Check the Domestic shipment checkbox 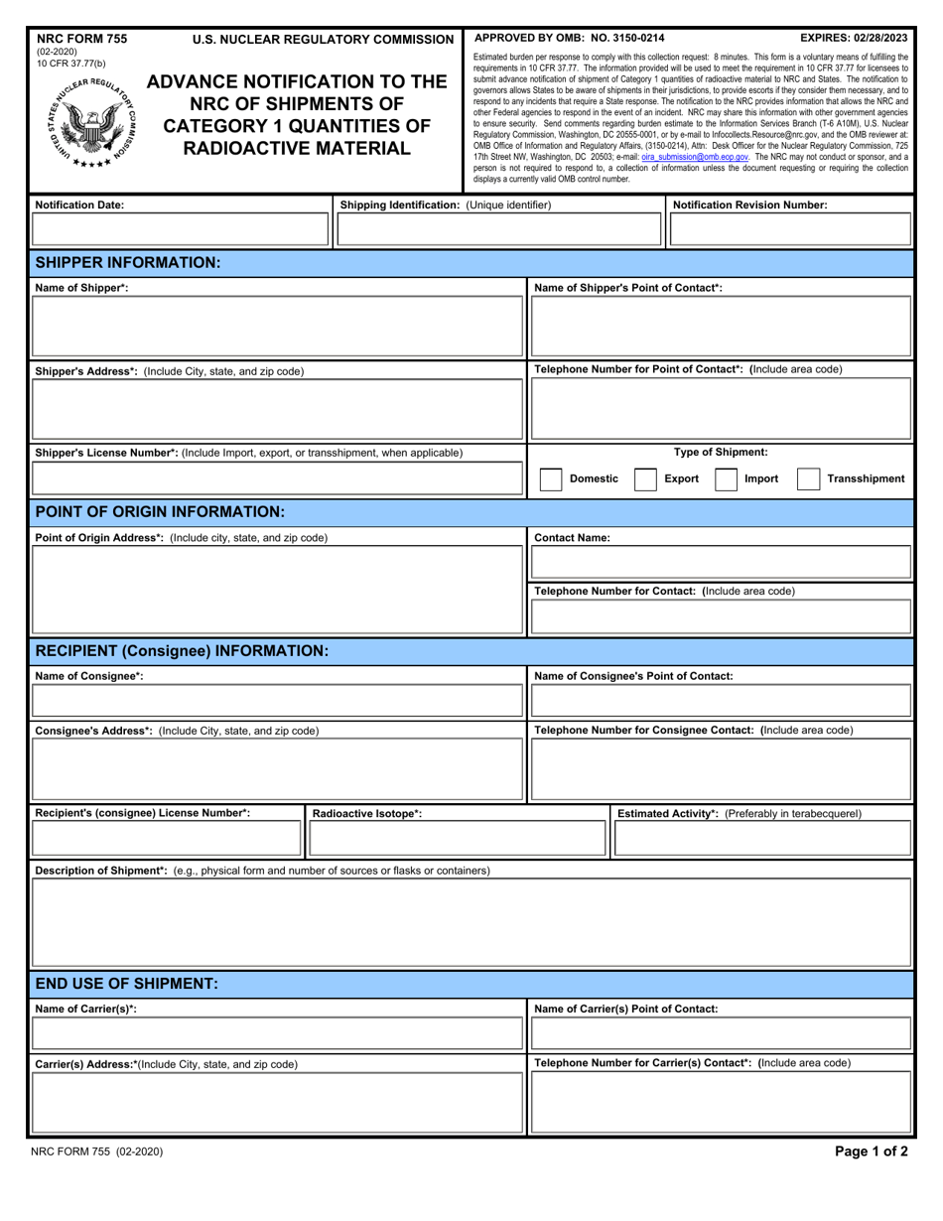[x=551, y=479]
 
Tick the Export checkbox [x=645, y=479]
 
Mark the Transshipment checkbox [x=808, y=479]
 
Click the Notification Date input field [x=181, y=230]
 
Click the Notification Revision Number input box [x=790, y=230]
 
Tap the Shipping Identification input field [x=499, y=230]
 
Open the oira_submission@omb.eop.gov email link [x=695, y=157]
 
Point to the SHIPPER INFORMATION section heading [x=127, y=263]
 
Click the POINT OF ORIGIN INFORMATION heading [x=160, y=512]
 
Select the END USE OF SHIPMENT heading [x=126, y=984]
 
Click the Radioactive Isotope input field [x=457, y=840]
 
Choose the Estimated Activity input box [x=761, y=840]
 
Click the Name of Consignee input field [x=278, y=701]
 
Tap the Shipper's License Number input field [x=278, y=479]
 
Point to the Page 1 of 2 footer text [x=871, y=1153]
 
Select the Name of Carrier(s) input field [x=278, y=1034]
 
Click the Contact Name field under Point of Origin [x=721, y=563]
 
